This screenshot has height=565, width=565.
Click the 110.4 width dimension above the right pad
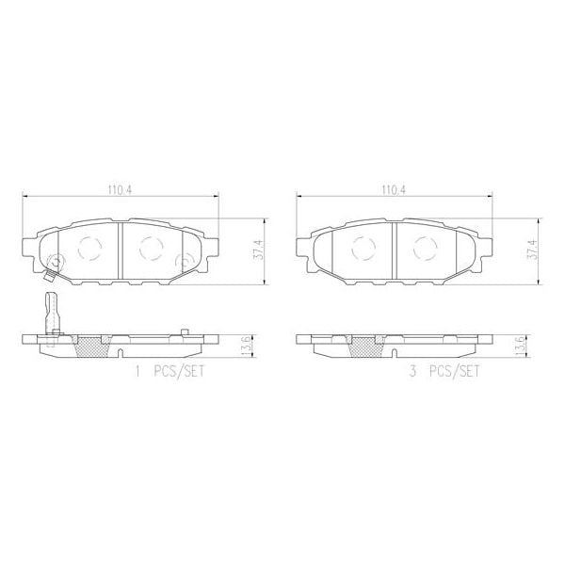pos(394,189)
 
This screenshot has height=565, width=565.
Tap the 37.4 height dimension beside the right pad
pos(532,251)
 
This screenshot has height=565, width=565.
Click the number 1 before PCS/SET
pos(138,372)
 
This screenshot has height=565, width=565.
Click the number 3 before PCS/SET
pos(412,372)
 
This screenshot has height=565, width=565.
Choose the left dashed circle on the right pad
pos(363,249)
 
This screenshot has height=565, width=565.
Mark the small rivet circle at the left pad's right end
pos(186,262)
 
